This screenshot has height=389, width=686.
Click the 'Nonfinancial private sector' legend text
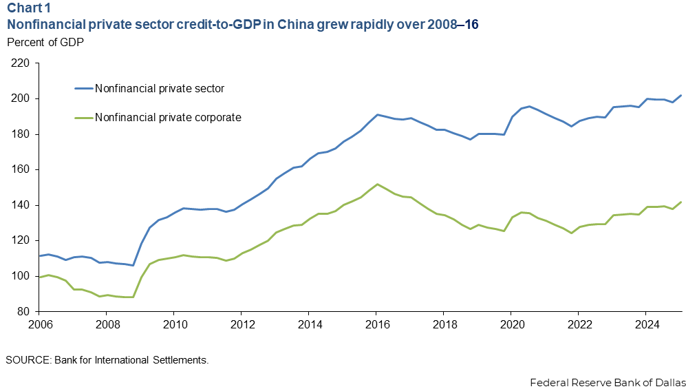[x=160, y=88]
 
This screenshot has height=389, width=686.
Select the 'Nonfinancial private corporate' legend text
[x=168, y=118]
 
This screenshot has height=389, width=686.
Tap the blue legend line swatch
[x=83, y=88]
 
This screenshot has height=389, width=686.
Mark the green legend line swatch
[x=83, y=118]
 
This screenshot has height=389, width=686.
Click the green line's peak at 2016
[x=377, y=185]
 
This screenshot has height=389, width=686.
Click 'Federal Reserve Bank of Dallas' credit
[x=608, y=381]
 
